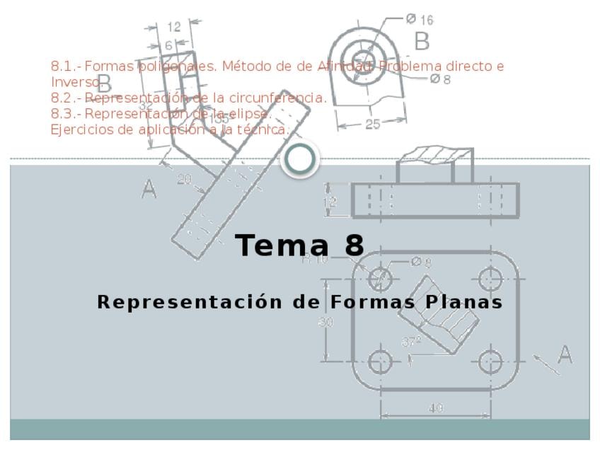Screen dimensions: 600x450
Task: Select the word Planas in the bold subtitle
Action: [464, 302]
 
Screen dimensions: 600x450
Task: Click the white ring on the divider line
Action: [300, 160]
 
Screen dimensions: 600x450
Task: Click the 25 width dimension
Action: [372, 124]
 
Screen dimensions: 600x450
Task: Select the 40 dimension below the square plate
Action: [436, 408]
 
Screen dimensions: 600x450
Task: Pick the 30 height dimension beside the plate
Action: [326, 323]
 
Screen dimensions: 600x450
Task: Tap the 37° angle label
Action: [411, 341]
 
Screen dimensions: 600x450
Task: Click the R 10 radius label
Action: [315, 259]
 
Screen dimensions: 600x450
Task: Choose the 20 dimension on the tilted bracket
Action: [184, 179]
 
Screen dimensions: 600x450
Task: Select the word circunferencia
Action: [281, 98]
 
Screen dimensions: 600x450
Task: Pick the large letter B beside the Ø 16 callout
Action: [422, 42]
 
